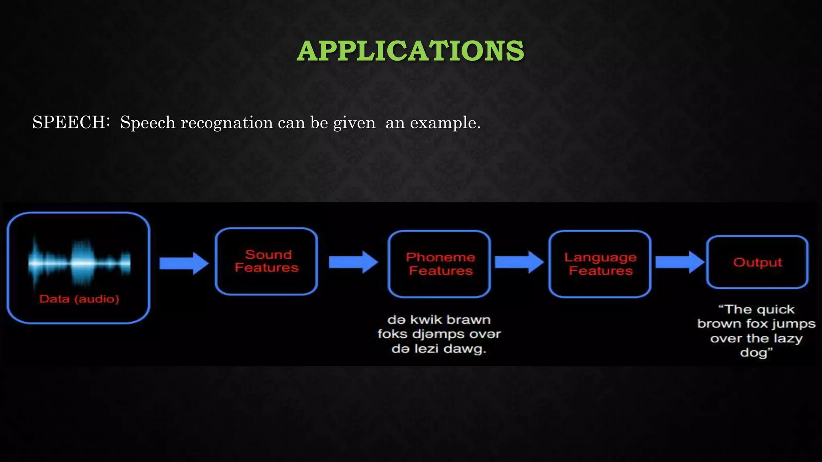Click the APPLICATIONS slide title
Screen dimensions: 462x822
[410, 51]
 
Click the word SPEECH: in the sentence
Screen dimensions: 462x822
[71, 122]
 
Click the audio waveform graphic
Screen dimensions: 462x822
[79, 263]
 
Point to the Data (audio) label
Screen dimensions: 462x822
[79, 299]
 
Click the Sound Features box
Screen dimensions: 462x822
[267, 261]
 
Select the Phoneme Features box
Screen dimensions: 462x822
[440, 263]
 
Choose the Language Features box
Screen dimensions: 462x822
[600, 263]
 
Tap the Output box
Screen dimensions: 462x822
[757, 262]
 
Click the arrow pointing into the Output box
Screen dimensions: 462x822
[680, 262]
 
